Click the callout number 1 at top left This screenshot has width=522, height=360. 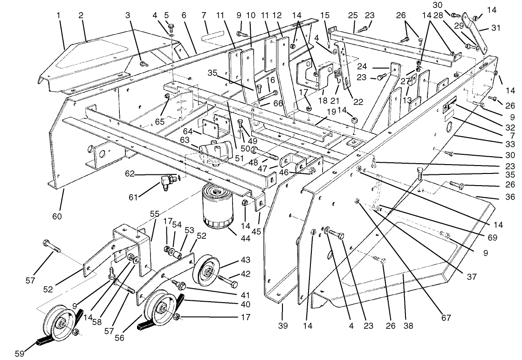click(x=59, y=15)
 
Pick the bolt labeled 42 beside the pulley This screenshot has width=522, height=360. click(x=227, y=282)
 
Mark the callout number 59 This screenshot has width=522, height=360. click(x=19, y=353)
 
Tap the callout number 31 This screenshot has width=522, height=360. click(x=495, y=28)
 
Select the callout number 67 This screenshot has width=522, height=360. click(x=446, y=318)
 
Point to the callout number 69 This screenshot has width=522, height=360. click(x=492, y=237)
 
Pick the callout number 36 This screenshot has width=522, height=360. click(x=510, y=197)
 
